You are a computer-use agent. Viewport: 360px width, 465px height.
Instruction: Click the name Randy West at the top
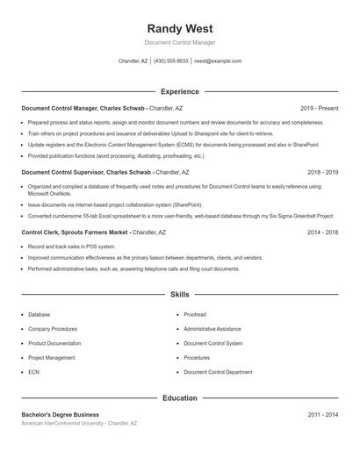[179, 28]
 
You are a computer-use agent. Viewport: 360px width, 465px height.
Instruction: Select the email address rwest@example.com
[218, 61]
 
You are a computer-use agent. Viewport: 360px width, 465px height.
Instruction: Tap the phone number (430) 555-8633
[171, 61]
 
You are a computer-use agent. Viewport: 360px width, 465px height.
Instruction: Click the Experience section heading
[179, 91]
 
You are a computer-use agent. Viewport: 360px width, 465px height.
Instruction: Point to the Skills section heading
[179, 295]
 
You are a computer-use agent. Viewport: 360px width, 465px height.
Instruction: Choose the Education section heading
[179, 398]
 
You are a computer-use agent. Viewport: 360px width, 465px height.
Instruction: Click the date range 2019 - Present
[319, 108]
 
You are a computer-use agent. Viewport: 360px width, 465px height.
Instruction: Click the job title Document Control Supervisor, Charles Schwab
[86, 173]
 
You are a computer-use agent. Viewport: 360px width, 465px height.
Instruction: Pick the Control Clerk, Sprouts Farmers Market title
[75, 232]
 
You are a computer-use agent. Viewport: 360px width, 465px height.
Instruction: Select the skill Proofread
[195, 314]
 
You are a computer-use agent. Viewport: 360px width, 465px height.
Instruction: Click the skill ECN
[33, 372]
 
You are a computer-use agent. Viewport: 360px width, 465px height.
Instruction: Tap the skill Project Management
[51, 358]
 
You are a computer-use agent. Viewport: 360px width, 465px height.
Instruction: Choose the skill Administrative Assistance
[212, 329]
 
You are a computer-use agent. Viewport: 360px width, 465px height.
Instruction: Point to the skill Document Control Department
[217, 372]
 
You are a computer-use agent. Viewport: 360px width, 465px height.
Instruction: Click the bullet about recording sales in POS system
[66, 247]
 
